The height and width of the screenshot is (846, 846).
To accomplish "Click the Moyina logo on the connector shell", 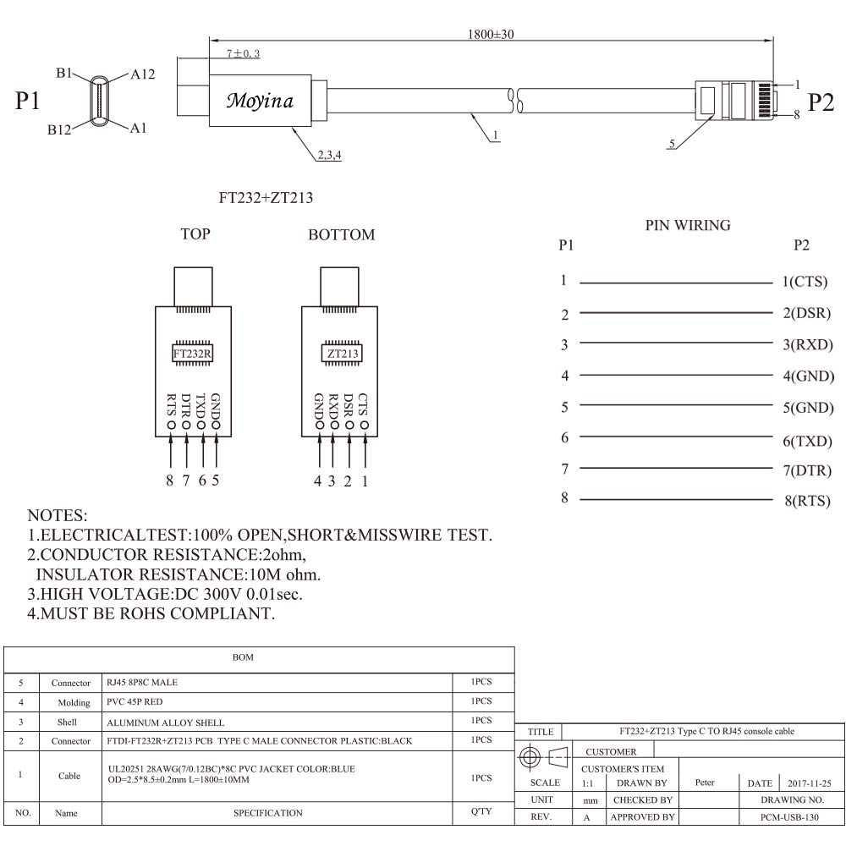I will pos(260,102).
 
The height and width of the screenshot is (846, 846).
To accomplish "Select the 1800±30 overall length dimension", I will pos(491,35).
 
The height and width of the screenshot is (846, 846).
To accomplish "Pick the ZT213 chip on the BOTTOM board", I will pos(341,354).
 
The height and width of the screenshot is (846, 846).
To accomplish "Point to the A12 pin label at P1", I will pos(143,74).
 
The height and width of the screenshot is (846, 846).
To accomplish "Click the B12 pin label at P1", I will pos(60,129).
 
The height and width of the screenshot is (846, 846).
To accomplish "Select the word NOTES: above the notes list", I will pos(57,515).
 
